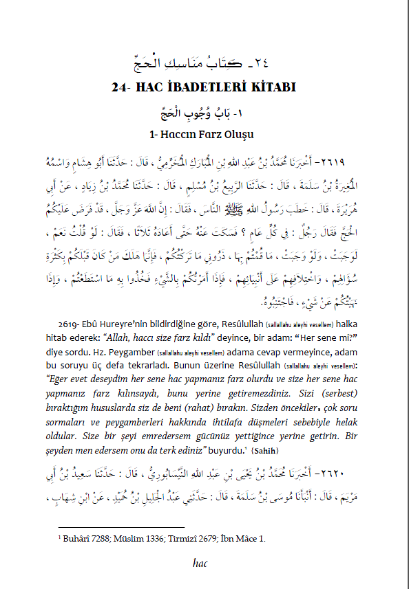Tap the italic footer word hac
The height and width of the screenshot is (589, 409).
(204, 565)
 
